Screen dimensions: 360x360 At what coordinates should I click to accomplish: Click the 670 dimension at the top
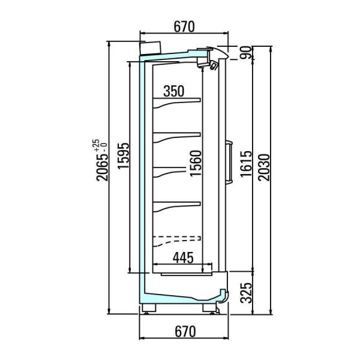(184, 26)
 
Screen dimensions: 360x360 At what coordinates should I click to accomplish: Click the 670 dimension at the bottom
(185, 332)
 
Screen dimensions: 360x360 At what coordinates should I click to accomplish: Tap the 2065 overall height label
(102, 167)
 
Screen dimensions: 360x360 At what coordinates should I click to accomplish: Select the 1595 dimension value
(123, 155)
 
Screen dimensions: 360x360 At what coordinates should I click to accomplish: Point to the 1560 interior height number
(196, 163)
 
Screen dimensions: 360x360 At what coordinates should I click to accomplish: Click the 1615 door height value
(246, 164)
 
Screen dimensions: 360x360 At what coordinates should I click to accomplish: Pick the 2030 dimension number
(264, 167)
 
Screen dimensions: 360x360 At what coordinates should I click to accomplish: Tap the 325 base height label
(246, 293)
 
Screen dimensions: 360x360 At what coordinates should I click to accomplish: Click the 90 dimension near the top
(246, 53)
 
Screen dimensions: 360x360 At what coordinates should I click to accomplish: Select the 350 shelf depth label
(173, 91)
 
